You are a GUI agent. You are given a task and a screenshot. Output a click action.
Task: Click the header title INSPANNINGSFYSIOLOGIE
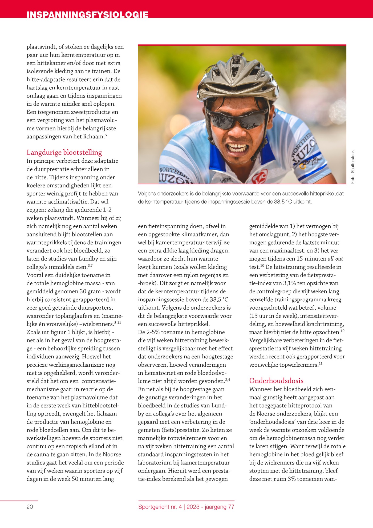click(87, 14)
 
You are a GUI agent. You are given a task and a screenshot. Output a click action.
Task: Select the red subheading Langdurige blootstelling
click(64, 152)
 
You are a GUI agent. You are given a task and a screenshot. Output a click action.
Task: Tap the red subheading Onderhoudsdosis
click(276, 381)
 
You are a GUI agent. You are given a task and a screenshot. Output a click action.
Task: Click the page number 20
click(30, 507)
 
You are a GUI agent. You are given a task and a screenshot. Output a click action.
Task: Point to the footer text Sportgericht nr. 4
click(160, 507)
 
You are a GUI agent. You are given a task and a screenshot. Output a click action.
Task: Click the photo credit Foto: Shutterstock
click(352, 167)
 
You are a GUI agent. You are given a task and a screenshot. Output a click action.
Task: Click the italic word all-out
click(335, 259)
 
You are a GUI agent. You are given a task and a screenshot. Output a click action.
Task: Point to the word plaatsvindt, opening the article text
click(42, 47)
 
